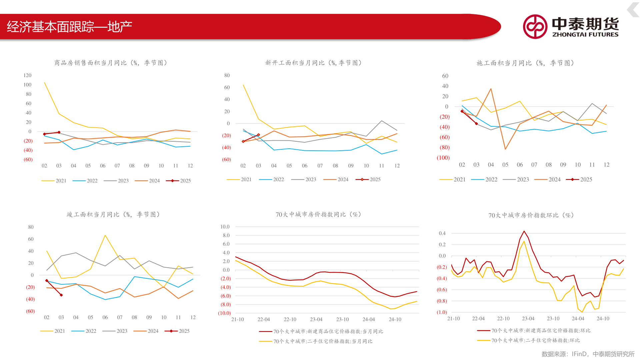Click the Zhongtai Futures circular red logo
[535, 27]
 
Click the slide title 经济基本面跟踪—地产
[69, 27]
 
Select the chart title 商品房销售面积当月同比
[111, 63]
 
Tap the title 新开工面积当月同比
[313, 63]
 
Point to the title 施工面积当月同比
[525, 63]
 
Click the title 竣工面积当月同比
[113, 214]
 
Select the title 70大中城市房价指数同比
[318, 214]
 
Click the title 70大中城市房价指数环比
[531, 215]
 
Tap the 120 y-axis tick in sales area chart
[27, 75]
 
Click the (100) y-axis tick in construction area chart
[443, 158]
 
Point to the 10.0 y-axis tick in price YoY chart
[225, 227]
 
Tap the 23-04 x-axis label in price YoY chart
[316, 319]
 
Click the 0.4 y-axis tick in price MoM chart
[442, 233]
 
